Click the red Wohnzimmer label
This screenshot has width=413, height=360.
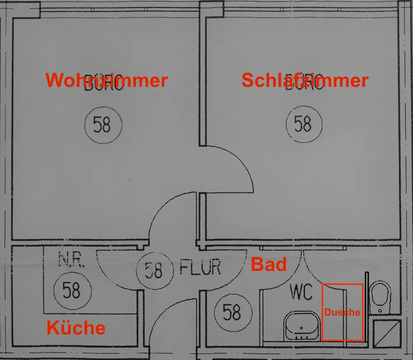(x=107, y=80)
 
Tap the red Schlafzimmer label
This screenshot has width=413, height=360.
(x=304, y=80)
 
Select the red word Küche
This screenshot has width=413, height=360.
(x=76, y=328)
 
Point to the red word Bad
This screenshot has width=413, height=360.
(x=269, y=264)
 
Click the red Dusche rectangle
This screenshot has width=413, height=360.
(x=342, y=312)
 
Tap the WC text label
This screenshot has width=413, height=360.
(x=301, y=292)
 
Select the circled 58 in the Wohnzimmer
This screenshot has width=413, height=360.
(x=103, y=124)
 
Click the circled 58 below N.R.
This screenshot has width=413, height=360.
(x=71, y=291)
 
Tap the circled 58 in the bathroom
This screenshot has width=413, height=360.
(x=232, y=312)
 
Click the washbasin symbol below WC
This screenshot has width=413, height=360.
(x=301, y=326)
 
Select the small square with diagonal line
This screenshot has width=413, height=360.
(x=387, y=334)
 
